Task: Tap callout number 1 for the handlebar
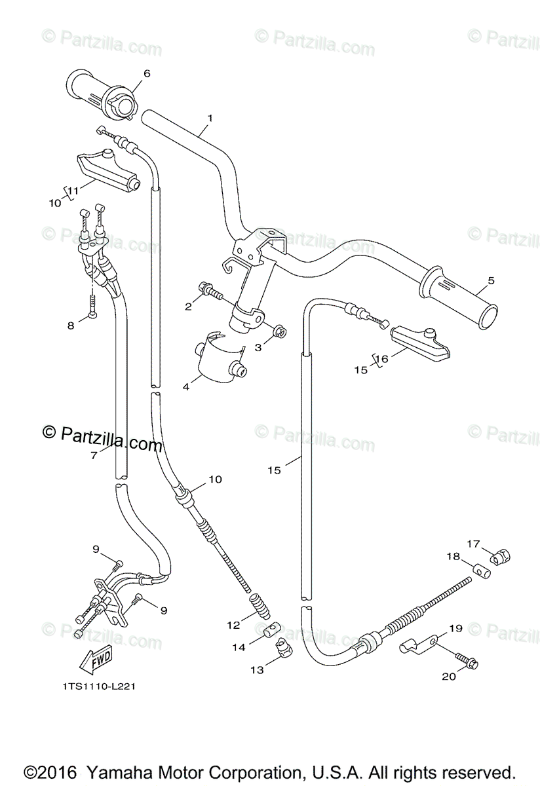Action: pyautogui.click(x=210, y=119)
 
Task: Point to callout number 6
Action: pyautogui.click(x=147, y=73)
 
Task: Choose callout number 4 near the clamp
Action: pyautogui.click(x=185, y=387)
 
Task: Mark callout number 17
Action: pyautogui.click(x=473, y=543)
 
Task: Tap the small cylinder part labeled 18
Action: pyautogui.click(x=484, y=572)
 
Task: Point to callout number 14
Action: pyautogui.click(x=239, y=647)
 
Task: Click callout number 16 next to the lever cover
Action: pyautogui.click(x=382, y=358)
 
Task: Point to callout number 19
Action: pyautogui.click(x=455, y=628)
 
